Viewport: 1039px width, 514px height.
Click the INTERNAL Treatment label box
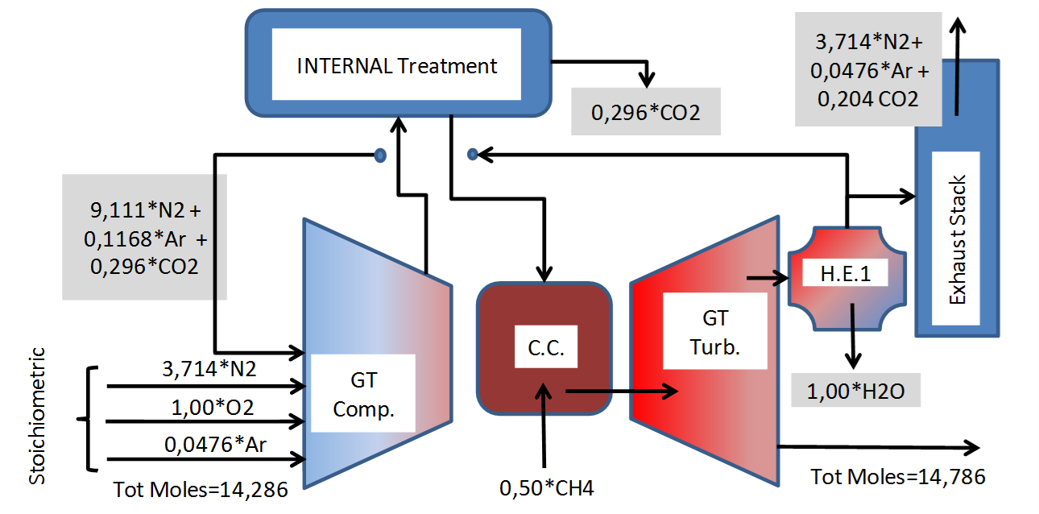pos(397,65)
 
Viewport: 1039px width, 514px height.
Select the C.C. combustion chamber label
pos(545,348)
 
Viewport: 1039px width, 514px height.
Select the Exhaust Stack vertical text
pos(956,238)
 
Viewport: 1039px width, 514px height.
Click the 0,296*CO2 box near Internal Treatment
pos(645,114)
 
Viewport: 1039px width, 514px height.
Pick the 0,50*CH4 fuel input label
pos(546,487)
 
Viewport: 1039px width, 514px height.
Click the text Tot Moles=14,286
pos(200,489)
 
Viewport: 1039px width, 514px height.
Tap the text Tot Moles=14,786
pos(897,476)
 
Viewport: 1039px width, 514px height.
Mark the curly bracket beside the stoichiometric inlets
pos(86,419)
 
